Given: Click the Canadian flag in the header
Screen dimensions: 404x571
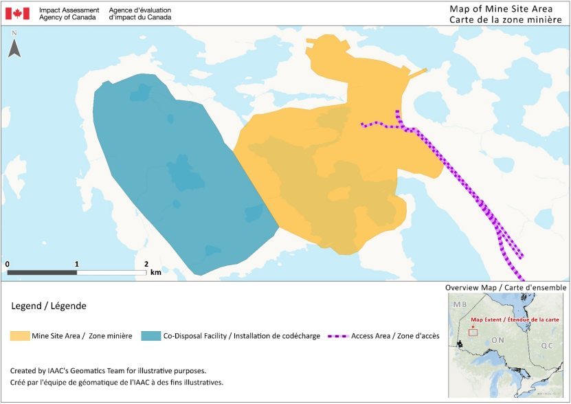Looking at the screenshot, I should point(17,13).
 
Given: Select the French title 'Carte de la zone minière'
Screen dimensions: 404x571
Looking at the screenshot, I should point(506,20).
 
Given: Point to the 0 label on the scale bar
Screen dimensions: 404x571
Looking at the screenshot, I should point(7,264).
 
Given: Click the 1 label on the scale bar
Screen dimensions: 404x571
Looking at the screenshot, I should point(77,264).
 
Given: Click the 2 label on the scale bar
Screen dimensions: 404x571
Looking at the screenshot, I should point(146,264).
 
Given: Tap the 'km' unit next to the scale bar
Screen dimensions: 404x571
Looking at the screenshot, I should point(156,273).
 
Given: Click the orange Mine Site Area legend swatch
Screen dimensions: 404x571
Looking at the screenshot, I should point(19,336).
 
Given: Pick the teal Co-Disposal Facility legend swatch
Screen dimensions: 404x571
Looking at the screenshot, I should point(150,336).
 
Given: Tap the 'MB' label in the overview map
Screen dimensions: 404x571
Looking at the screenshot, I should point(457,303).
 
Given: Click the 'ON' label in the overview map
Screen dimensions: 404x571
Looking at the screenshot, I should point(497,339).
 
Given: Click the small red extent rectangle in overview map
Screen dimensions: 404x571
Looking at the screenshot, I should point(473,333).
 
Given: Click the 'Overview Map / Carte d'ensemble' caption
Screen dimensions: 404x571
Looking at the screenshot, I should point(506,287).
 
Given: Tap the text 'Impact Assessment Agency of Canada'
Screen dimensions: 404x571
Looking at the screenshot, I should point(69,14).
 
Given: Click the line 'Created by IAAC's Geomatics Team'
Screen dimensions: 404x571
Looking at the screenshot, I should point(109,370).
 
